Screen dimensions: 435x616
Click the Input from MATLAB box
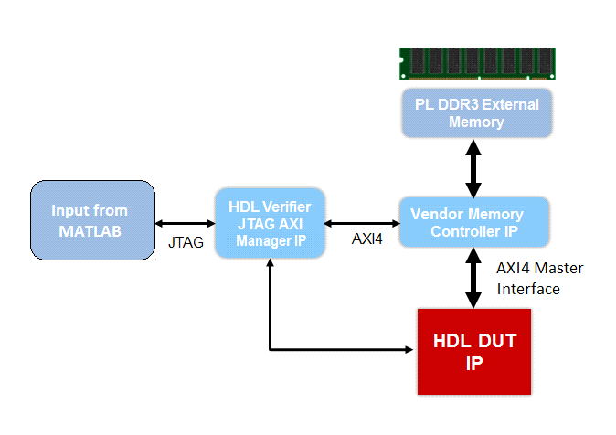point(90,219)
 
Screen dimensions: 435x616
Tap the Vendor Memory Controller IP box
point(473,221)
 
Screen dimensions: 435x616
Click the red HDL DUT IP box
point(473,351)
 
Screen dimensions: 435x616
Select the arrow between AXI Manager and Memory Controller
point(363,222)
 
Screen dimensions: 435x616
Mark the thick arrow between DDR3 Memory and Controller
point(473,167)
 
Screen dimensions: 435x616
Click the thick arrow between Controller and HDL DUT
point(473,278)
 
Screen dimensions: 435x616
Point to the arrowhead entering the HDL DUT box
point(410,349)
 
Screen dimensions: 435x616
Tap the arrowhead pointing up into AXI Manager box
point(271,263)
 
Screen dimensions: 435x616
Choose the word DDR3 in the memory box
point(467,103)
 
